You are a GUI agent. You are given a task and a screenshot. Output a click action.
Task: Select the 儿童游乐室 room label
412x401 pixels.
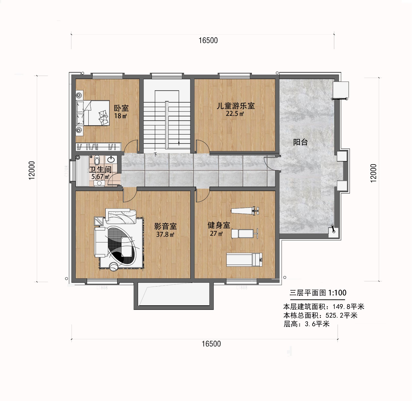[236, 106]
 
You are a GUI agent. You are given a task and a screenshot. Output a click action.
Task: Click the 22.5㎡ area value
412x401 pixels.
[235, 114]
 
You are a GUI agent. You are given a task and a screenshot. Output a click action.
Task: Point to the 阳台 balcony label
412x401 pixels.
[300, 142]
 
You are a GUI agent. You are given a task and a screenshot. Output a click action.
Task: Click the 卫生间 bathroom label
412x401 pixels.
[100, 169]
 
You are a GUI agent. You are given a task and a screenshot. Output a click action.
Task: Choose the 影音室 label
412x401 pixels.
[165, 226]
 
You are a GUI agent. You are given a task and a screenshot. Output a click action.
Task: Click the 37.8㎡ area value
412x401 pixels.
[165, 234]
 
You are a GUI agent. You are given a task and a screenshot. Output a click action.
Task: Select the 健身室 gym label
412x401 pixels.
[219, 225]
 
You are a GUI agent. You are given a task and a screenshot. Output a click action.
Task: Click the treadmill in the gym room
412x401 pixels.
[244, 259]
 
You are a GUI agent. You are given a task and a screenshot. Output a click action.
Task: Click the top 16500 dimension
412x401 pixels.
[208, 40]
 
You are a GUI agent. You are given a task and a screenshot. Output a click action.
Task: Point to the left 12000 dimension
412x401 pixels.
[32, 170]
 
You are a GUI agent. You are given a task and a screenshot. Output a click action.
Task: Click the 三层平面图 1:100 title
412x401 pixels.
[318, 293]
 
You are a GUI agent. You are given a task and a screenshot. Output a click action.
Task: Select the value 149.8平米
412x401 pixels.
[348, 307]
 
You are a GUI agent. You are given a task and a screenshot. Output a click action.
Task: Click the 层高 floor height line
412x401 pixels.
[306, 324]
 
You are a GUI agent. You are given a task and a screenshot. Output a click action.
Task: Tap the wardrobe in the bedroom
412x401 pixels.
[98, 147]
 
